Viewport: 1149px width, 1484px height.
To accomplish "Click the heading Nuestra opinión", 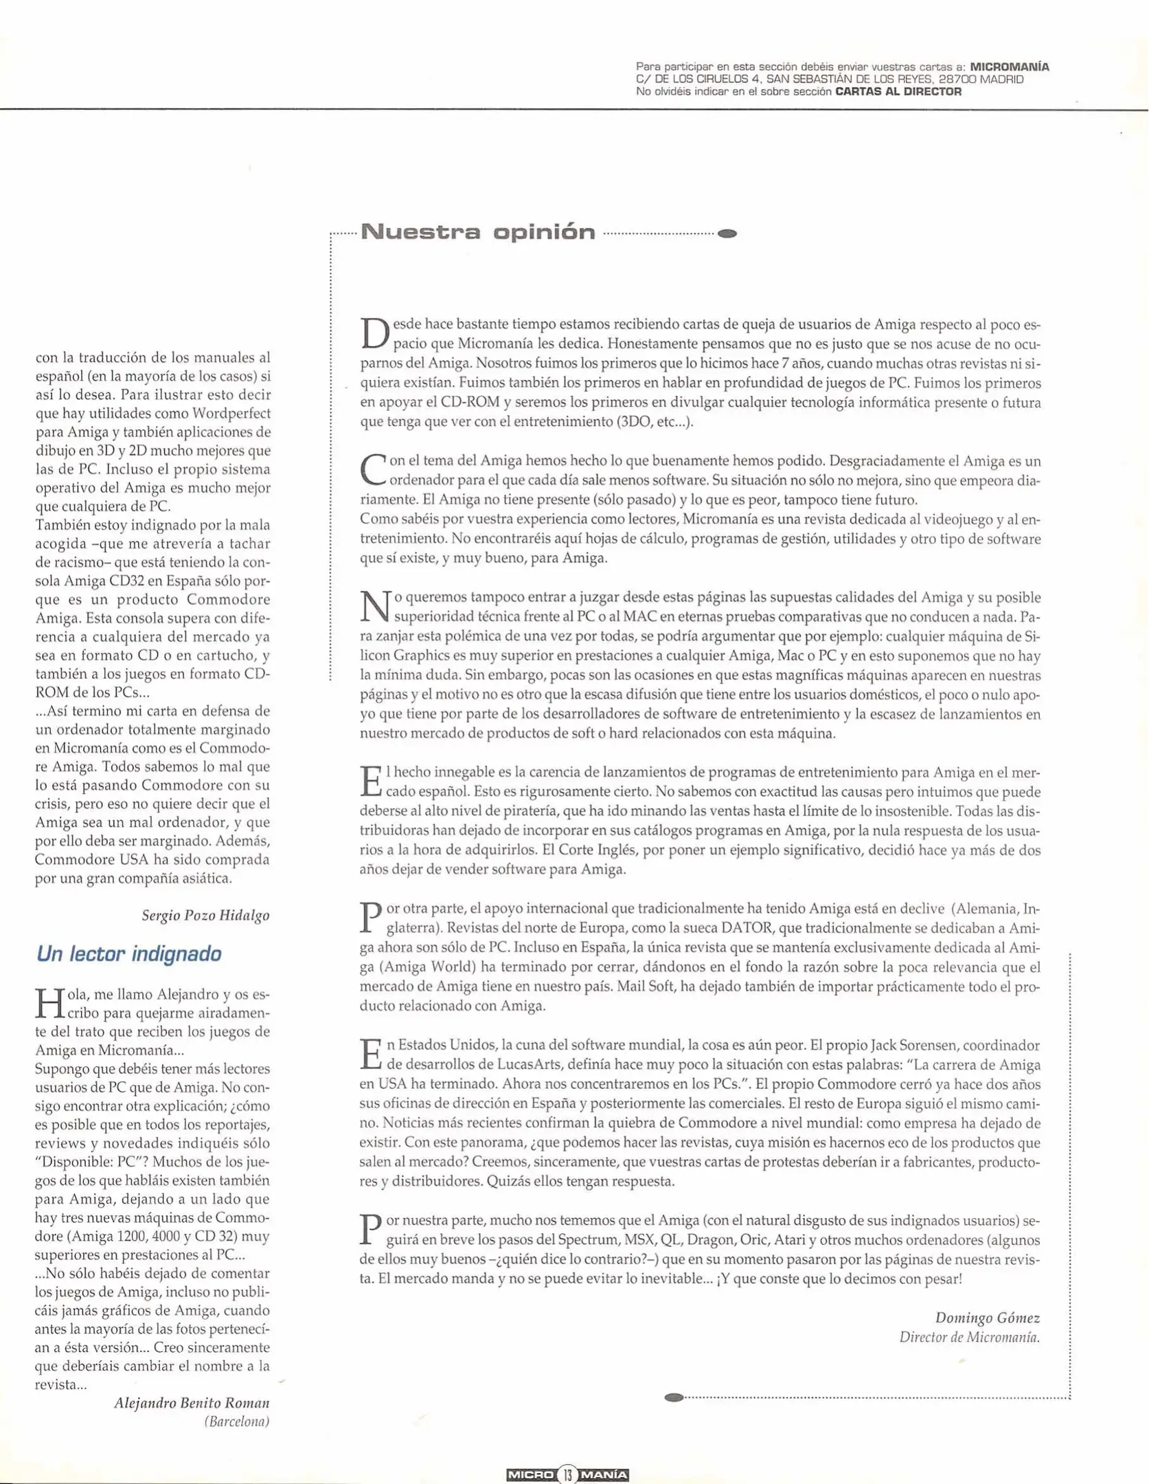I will pos(478,232).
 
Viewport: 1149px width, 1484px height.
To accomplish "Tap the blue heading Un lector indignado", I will pos(128,954).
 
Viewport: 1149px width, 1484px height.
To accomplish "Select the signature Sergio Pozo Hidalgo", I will pos(205,915).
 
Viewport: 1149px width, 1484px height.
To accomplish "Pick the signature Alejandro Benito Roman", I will pos(192,1402).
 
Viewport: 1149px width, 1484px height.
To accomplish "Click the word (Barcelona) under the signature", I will pos(236,1421).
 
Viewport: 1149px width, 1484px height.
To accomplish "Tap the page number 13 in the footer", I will pos(567,1474).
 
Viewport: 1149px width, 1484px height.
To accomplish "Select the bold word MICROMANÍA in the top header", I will pos(1009,67).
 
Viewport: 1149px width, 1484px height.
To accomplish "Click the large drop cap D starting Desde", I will pos(374,333).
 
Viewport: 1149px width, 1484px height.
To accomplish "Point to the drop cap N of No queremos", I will pos(375,607).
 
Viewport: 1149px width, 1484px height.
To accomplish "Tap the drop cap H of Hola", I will pos(49,1004).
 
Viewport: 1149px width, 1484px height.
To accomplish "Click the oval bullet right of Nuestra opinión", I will pos(727,234).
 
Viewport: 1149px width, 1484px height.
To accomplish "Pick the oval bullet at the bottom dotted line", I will pos(674,1397).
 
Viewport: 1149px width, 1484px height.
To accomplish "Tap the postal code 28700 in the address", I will pos(957,79).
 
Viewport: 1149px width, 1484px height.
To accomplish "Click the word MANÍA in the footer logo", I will pos(604,1474).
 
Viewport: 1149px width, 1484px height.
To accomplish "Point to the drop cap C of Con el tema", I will pos(373,469).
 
